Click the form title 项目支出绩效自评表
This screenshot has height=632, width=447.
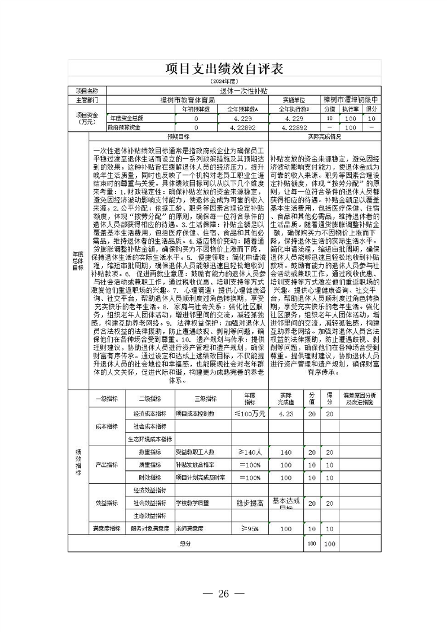pos(224,69)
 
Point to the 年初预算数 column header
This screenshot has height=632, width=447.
pos(196,109)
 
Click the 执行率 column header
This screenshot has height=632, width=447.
pos(353,109)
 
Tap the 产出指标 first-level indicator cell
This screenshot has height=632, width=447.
pos(106,465)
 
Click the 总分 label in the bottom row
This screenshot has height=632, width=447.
pos(185,544)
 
